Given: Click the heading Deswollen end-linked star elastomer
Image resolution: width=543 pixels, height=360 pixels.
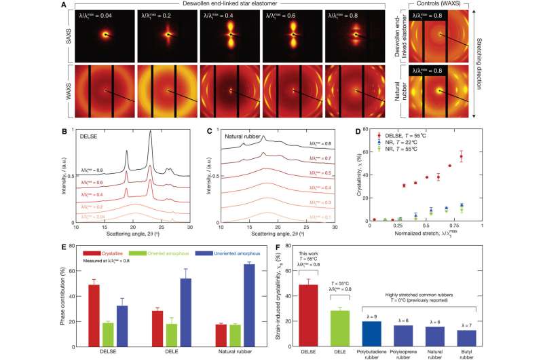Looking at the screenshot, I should (246, 5).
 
